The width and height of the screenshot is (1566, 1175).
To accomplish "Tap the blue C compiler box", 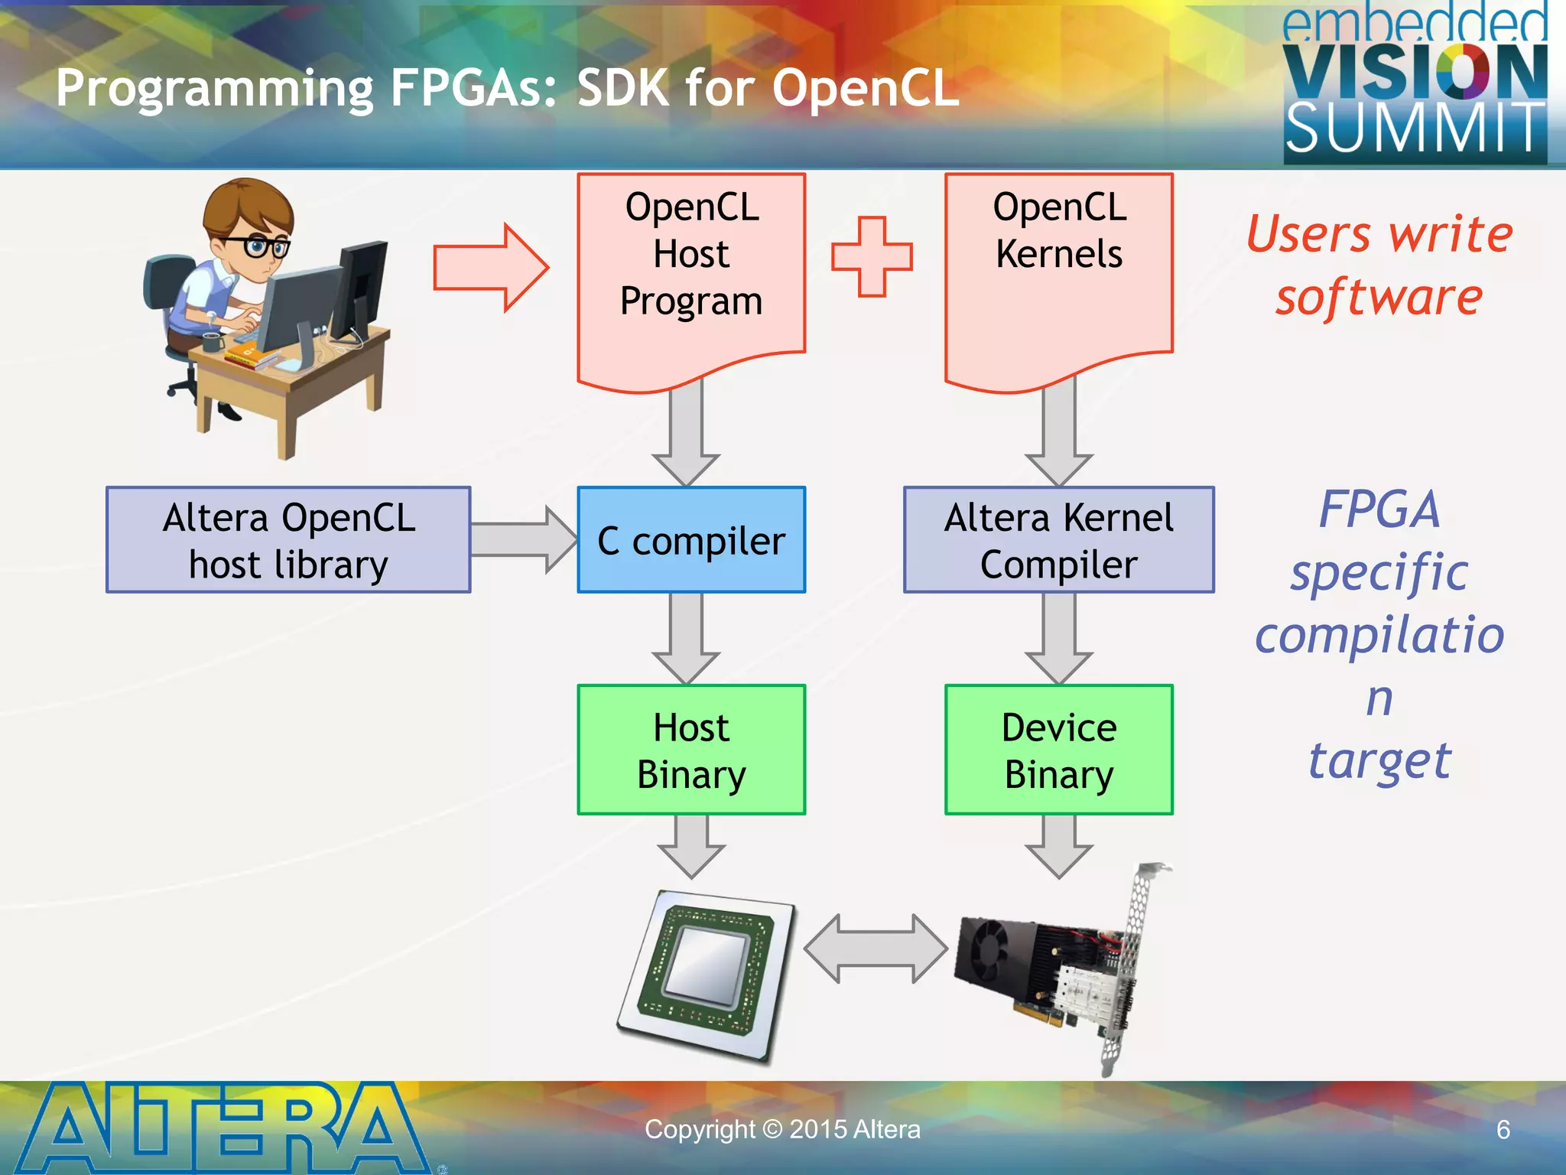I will click(691, 540).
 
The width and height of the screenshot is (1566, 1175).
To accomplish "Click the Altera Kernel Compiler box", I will click(1058, 540).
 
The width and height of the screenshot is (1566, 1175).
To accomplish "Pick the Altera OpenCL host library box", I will click(288, 540).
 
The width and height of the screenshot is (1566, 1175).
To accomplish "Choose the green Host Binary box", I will click(691, 750).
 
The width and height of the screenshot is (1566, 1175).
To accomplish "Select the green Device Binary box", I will click(1058, 750).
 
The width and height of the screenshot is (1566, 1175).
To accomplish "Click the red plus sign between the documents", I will click(872, 256).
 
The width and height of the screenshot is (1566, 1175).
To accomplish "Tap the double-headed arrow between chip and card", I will click(876, 949).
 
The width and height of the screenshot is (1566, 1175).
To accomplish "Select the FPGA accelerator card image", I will click(1063, 972).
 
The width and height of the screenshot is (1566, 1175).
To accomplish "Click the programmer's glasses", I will click(258, 246).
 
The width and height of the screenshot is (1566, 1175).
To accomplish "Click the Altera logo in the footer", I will click(222, 1128).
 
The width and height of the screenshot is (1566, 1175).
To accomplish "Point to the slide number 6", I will click(1503, 1130).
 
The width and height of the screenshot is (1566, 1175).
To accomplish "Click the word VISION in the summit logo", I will click(1415, 73).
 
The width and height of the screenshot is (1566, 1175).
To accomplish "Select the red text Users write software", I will click(1379, 265).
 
